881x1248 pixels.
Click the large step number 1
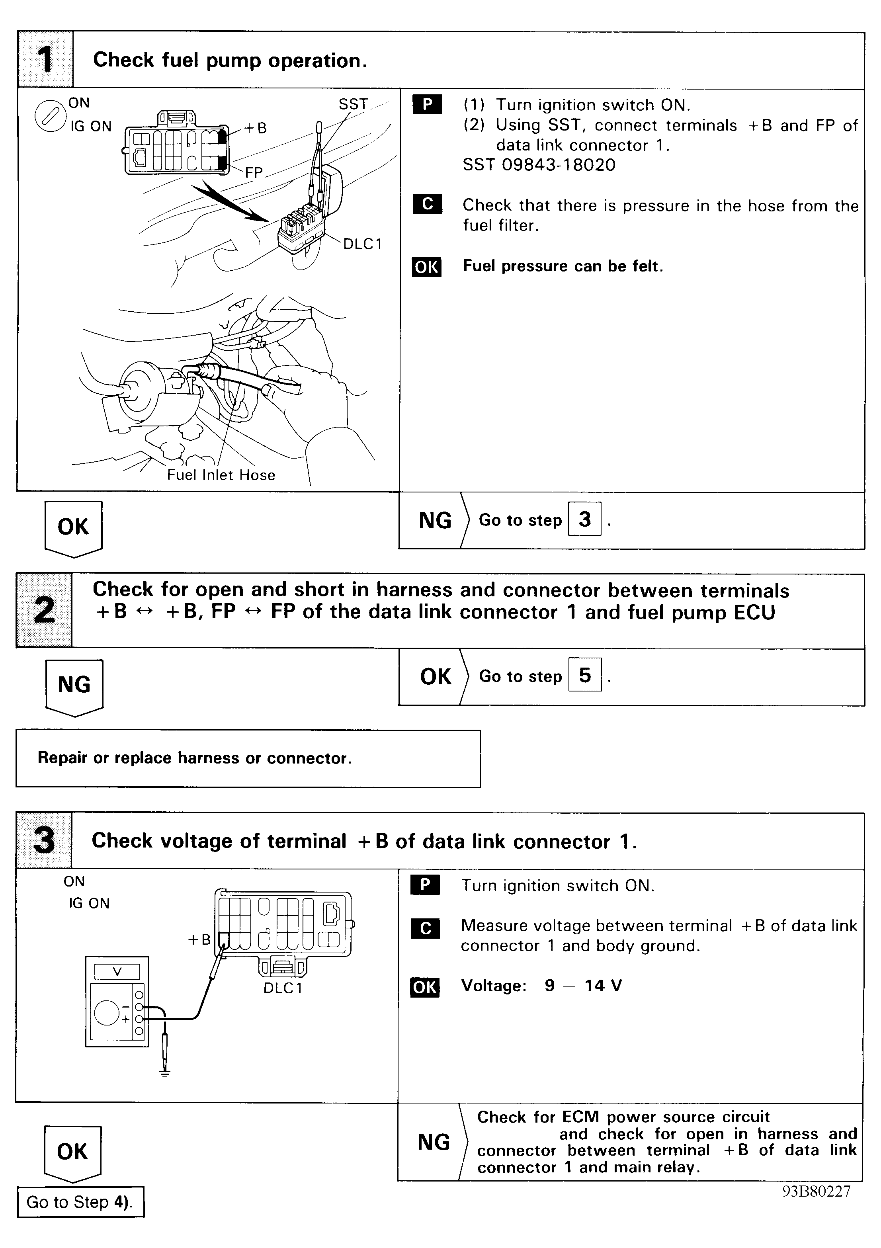tap(45, 60)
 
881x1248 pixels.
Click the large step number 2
tap(44, 610)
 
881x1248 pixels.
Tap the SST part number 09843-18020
tap(539, 165)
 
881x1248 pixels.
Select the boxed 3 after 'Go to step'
tap(584, 519)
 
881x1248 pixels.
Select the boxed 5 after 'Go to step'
tap(585, 675)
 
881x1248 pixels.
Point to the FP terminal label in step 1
tap(254, 172)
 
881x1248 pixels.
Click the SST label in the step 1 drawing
tap(353, 104)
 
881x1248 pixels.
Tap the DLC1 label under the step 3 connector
tap(283, 988)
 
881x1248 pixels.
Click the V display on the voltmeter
tap(117, 972)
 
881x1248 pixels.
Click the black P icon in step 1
tap(427, 104)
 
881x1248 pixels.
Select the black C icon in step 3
tap(425, 928)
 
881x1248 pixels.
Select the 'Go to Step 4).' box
tap(80, 1202)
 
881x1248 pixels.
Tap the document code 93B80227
tap(816, 1191)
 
